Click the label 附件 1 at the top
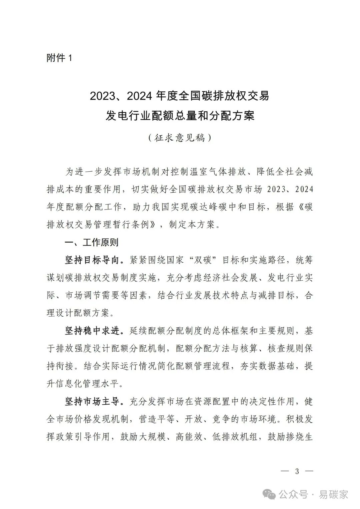[x=59, y=58]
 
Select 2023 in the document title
[x=102, y=96]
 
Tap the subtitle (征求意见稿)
[x=180, y=137]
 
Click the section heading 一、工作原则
[x=91, y=242]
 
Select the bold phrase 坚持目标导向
[x=92, y=260]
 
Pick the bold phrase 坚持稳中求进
[x=92, y=331]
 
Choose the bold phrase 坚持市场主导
[x=92, y=402]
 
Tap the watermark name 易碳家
[x=334, y=495]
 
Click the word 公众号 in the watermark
[x=293, y=495]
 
